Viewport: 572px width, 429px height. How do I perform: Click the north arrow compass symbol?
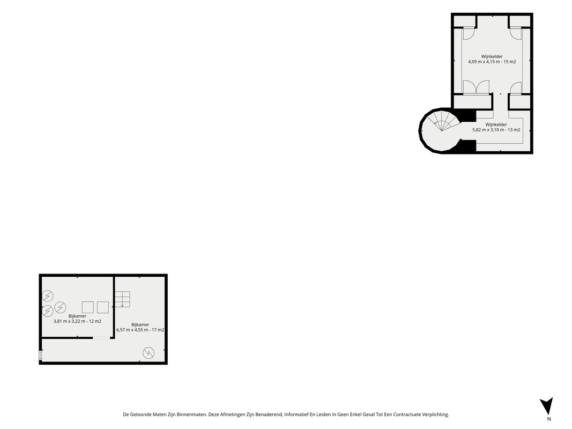click(x=546, y=405)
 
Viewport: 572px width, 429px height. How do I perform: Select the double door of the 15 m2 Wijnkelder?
click(x=476, y=87)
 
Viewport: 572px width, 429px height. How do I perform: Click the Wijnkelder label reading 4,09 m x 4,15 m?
click(x=492, y=59)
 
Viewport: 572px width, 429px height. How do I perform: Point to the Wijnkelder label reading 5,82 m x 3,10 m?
click(x=496, y=127)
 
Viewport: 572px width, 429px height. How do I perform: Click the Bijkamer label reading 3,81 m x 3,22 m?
click(x=77, y=319)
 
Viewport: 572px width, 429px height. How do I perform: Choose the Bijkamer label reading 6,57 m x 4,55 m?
click(x=140, y=327)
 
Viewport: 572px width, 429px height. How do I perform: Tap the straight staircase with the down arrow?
click(x=122, y=299)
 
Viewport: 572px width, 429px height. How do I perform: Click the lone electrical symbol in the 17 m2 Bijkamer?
click(x=148, y=353)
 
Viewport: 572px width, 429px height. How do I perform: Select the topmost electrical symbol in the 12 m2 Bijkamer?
click(x=47, y=296)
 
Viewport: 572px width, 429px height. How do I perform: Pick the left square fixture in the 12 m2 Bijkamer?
click(x=87, y=307)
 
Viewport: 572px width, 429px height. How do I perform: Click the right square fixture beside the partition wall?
click(x=103, y=307)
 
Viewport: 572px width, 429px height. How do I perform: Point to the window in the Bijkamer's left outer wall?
click(x=41, y=356)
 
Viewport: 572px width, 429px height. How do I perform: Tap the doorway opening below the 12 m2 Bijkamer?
click(x=101, y=338)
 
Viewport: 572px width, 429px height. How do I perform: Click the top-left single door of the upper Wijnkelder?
click(x=468, y=34)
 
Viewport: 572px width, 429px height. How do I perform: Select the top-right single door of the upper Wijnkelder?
click(x=516, y=34)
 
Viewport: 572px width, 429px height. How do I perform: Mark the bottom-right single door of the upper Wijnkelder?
click(x=516, y=88)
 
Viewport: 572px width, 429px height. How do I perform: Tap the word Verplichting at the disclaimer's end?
click(x=435, y=415)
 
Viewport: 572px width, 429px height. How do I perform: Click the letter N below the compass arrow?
click(x=549, y=419)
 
